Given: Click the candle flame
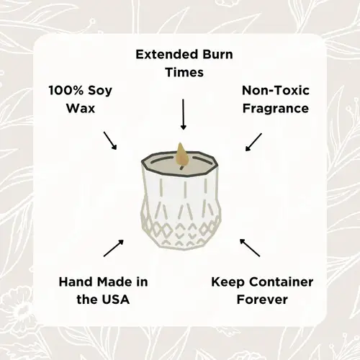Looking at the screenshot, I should (181, 153).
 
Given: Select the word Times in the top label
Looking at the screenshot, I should (183, 73).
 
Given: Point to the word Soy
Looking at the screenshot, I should (102, 91).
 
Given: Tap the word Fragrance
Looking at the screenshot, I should (275, 109).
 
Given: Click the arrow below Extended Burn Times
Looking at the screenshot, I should (183, 114).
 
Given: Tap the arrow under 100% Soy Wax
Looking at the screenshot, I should (110, 140).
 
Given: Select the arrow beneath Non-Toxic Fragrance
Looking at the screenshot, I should (253, 140).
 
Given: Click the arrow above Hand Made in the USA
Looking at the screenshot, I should (113, 248).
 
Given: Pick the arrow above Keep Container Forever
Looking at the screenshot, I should (250, 247).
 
